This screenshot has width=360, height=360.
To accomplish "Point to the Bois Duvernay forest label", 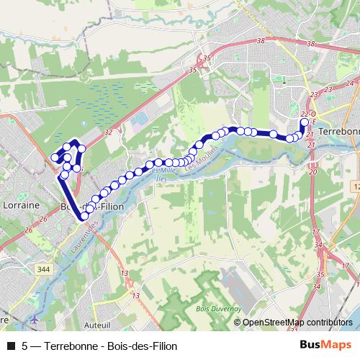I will pos(213,307).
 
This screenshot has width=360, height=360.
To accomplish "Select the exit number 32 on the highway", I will pos(108,132).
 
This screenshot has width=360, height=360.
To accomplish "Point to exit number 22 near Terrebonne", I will pos(304,114).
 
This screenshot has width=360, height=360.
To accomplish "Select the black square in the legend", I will pos(10,346).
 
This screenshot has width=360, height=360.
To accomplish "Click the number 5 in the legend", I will pos(25,346).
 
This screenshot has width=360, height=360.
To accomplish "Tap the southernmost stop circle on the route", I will pos(84,215).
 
